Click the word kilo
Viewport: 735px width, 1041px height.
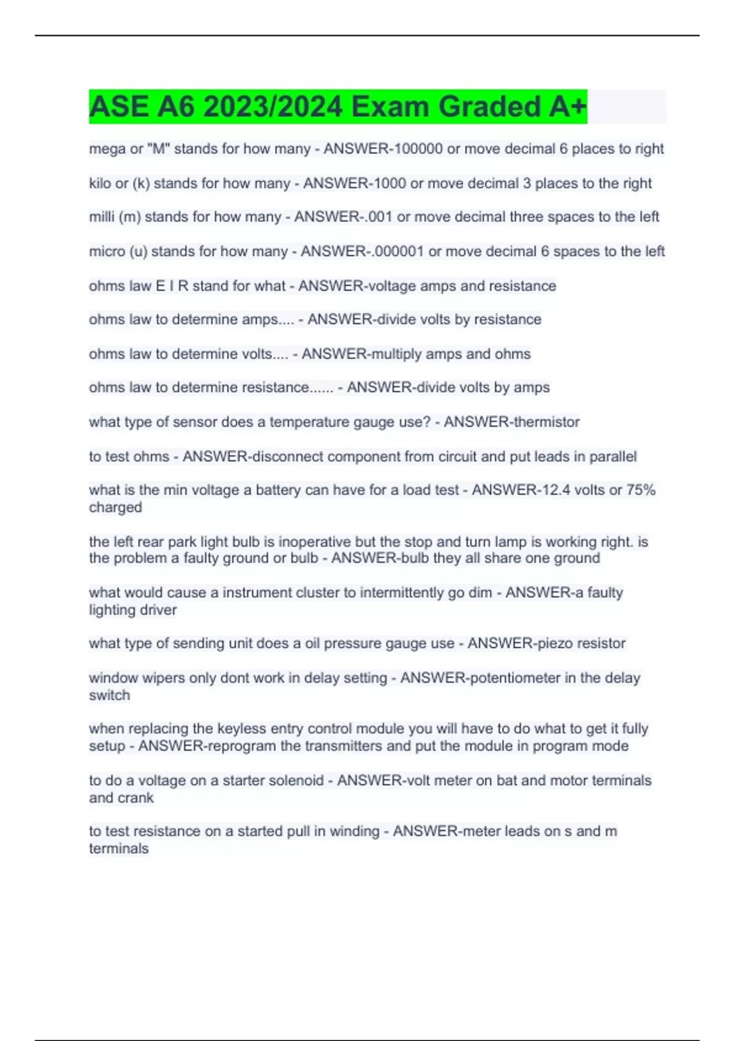coord(100,183)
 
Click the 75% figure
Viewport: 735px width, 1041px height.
coord(641,490)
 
